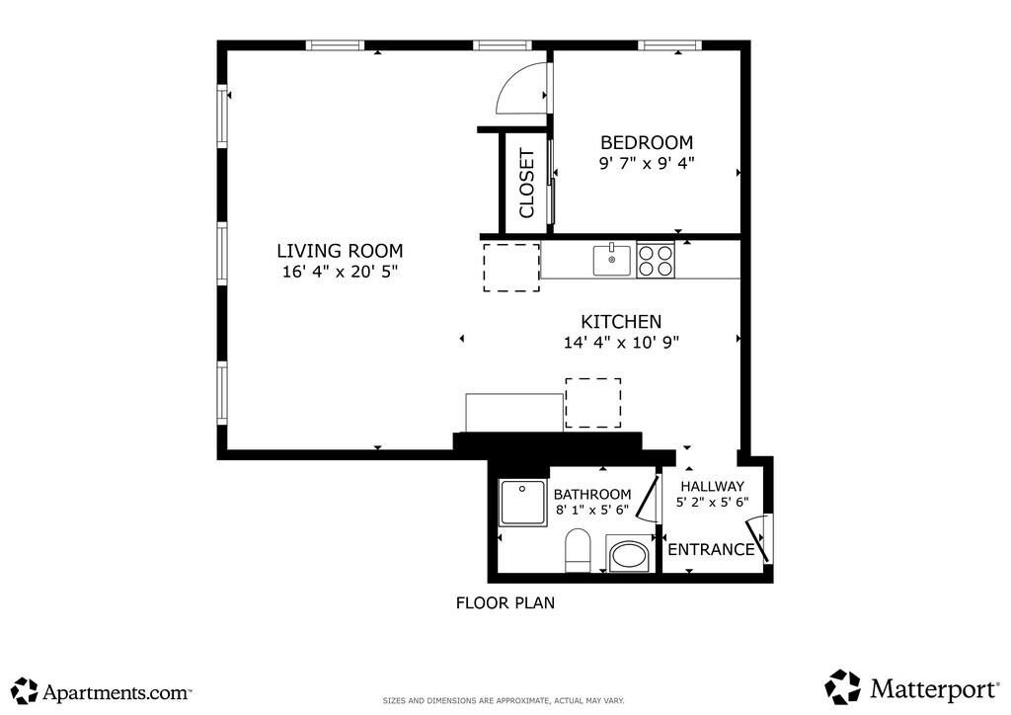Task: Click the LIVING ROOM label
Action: click(x=340, y=251)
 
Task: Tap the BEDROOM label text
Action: click(x=647, y=142)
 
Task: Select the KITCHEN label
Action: click(x=622, y=322)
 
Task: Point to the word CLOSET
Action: click(x=527, y=184)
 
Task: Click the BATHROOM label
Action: click(x=592, y=495)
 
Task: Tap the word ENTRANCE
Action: click(x=711, y=549)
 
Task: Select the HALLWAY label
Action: click(x=713, y=486)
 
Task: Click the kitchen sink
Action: click(x=612, y=260)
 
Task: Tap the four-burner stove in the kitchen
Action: click(x=656, y=260)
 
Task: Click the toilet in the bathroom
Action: click(x=578, y=551)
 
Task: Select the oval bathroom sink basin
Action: click(x=627, y=554)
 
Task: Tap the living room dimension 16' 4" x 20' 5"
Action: click(x=340, y=272)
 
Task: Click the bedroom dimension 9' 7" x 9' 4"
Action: click(x=647, y=163)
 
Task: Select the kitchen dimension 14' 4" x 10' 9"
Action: click(x=622, y=343)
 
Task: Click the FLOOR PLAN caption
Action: click(x=505, y=602)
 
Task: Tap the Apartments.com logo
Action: click(x=102, y=691)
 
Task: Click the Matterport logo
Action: click(x=911, y=687)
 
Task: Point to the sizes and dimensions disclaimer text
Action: click(x=504, y=700)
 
